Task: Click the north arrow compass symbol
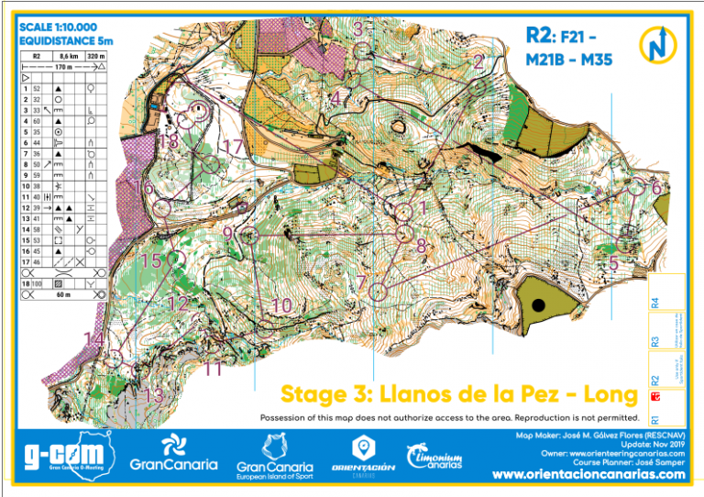coord(657,44)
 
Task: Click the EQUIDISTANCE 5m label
coord(67,40)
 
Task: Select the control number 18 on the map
coord(168,141)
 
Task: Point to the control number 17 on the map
coord(234,146)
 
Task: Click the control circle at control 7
coord(379,293)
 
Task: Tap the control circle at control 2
coord(478,86)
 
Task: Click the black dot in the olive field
coord(538,304)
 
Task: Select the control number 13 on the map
coord(154,395)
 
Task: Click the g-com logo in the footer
coord(60,458)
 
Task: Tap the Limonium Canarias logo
coord(440,457)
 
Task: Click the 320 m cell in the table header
coord(96,56)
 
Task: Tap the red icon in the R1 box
coord(654,397)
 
